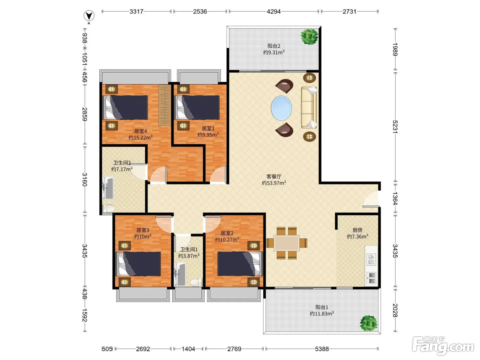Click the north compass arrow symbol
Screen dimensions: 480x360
click(x=89, y=16)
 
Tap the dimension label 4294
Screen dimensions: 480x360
click(x=274, y=12)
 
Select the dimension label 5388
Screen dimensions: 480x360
click(x=322, y=349)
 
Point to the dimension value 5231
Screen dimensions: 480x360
click(x=395, y=127)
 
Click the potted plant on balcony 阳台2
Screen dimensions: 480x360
click(x=309, y=37)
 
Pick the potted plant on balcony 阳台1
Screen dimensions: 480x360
click(x=369, y=323)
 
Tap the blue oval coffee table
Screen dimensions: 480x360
click(x=281, y=108)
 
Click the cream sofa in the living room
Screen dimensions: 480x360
click(x=309, y=107)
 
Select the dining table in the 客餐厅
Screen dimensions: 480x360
click(x=287, y=243)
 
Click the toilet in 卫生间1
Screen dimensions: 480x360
click(x=196, y=283)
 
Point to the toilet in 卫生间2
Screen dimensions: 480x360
click(x=108, y=208)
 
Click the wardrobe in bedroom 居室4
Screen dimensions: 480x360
click(x=165, y=105)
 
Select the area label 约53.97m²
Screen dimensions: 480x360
click(x=274, y=183)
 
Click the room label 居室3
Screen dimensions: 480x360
click(x=143, y=230)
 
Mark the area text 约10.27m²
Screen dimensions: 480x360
click(x=227, y=240)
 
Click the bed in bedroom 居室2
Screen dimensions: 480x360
click(x=240, y=264)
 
